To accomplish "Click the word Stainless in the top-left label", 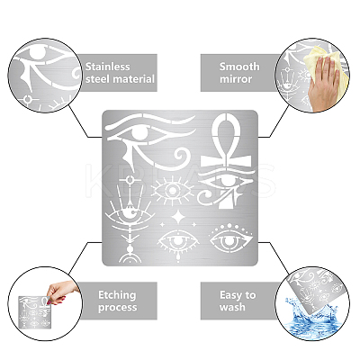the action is [108, 67].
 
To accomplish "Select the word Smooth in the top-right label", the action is [239, 67].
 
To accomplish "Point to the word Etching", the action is [117, 295].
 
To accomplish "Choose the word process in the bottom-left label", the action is [117, 308].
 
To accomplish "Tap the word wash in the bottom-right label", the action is [232, 307].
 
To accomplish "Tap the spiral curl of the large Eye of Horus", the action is [183, 157].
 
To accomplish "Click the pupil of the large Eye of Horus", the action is [140, 133].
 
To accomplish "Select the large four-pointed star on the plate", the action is [178, 218].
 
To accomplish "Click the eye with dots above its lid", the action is [230, 239].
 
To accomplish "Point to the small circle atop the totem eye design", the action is [130, 180].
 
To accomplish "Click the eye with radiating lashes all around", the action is [173, 191].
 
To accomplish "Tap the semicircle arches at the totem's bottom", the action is [130, 258].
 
